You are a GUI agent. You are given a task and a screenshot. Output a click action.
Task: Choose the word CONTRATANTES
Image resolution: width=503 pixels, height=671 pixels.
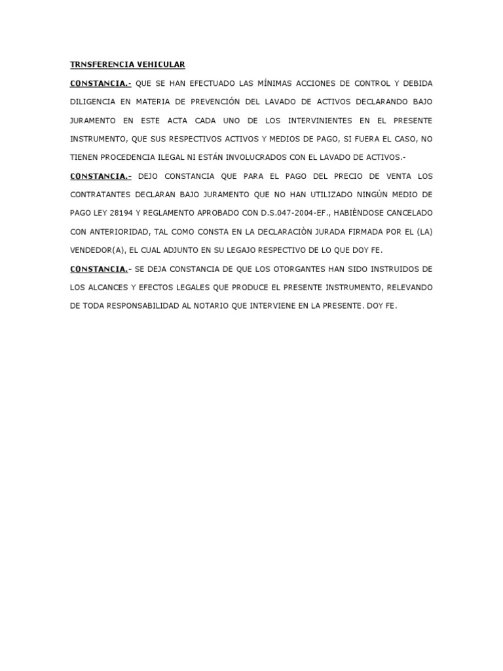103,195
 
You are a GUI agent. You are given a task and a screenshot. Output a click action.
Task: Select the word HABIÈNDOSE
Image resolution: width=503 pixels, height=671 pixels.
358,214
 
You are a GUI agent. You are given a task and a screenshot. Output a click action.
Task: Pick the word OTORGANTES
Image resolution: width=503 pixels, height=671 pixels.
288,269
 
